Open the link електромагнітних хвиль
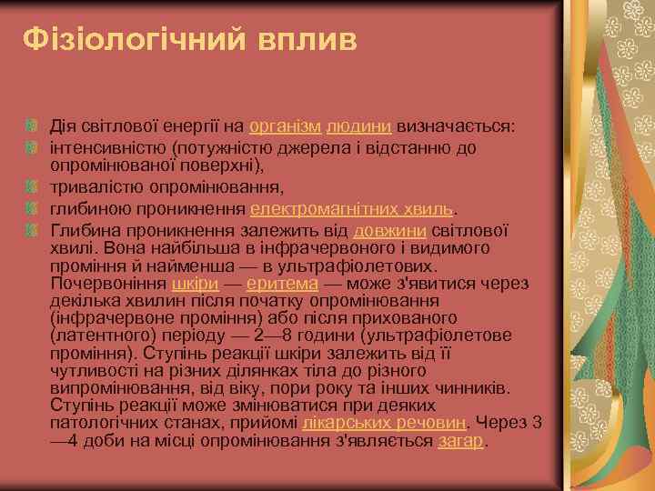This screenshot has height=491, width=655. click(x=351, y=208)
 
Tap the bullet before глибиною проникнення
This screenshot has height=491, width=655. click(x=33, y=208)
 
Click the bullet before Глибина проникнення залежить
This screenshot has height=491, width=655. click(x=33, y=228)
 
